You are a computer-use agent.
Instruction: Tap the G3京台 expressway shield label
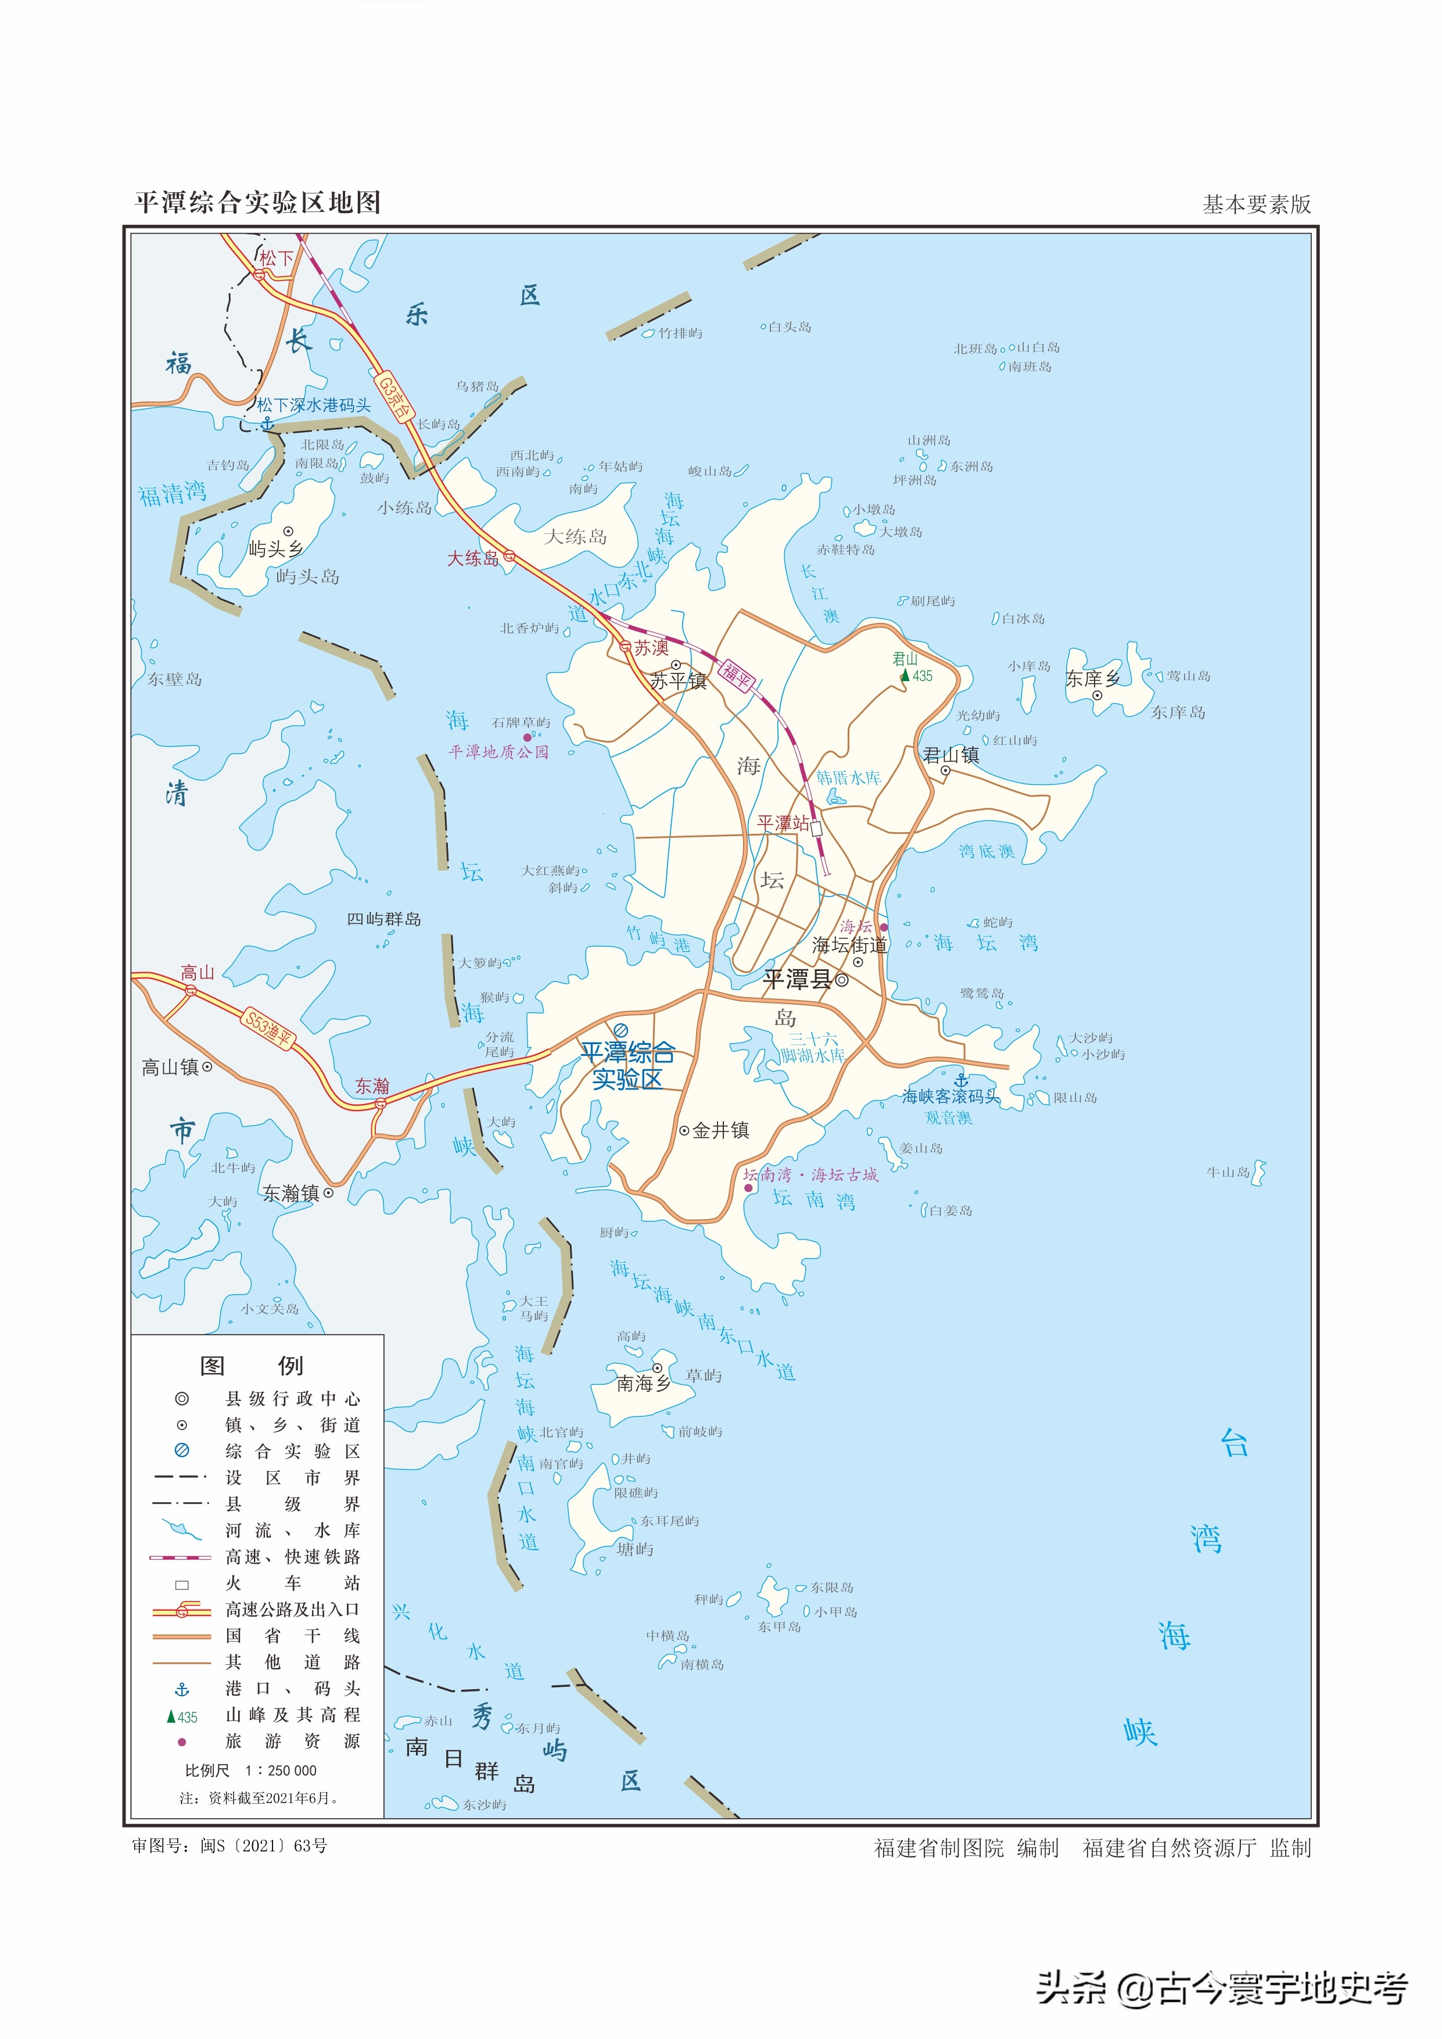394,398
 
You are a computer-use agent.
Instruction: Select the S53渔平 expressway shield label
269,1029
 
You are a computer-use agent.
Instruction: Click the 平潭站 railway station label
782,823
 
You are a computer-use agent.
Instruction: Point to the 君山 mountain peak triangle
905,676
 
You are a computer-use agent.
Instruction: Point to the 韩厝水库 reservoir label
849,778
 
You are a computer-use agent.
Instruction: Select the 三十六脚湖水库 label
812,1047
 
